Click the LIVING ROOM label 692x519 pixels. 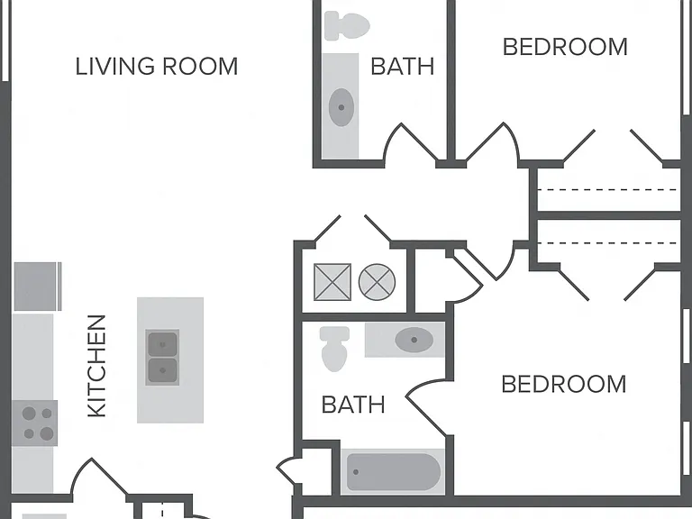pyautogui.click(x=157, y=67)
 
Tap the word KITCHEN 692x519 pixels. pyautogui.click(x=97, y=366)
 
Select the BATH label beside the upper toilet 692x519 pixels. pyautogui.click(x=403, y=67)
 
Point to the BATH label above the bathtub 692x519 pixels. pyautogui.click(x=353, y=405)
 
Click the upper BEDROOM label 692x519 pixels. pyautogui.click(x=565, y=47)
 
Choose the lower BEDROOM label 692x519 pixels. pyautogui.click(x=564, y=384)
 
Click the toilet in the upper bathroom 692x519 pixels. pyautogui.click(x=347, y=26)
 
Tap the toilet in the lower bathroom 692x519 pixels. pyautogui.click(x=334, y=349)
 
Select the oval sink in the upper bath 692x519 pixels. pyautogui.click(x=341, y=107)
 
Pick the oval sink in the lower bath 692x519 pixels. pyautogui.click(x=414, y=340)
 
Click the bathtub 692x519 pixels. pyautogui.click(x=393, y=472)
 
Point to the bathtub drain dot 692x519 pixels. pyautogui.click(x=356, y=472)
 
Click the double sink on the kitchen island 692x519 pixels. pyautogui.click(x=162, y=358)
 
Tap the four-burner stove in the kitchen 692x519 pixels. pyautogui.click(x=35, y=423)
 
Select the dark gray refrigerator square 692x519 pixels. pyautogui.click(x=35, y=287)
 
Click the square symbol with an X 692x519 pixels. pyautogui.click(x=332, y=282)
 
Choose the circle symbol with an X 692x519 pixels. pyautogui.click(x=377, y=282)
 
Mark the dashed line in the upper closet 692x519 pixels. pyautogui.click(x=607, y=190)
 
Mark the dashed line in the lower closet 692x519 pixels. pyautogui.click(x=607, y=243)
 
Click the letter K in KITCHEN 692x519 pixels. pyautogui.click(x=97, y=411)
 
